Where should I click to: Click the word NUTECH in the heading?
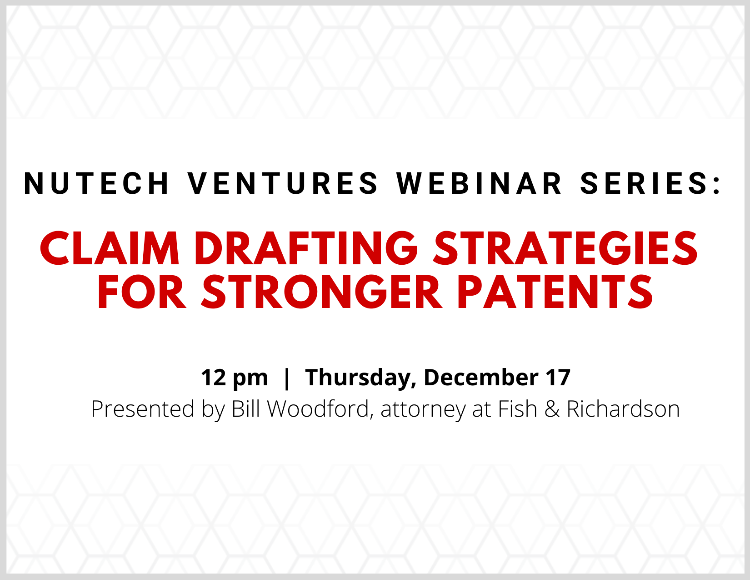96,183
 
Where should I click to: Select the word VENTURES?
283,183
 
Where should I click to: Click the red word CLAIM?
110,248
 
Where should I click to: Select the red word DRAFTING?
306,248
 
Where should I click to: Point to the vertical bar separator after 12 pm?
286,378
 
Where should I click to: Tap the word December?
481,377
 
